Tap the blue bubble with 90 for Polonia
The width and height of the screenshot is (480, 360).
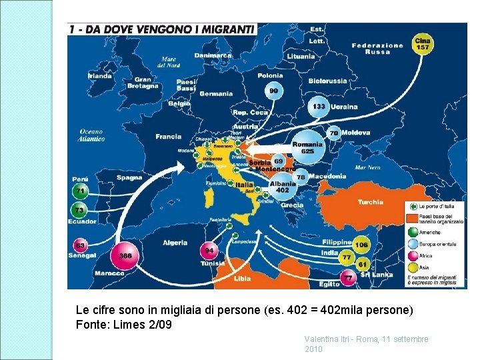coord(274,91)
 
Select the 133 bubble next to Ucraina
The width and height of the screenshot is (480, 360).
coord(319,107)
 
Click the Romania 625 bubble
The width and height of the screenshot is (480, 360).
coord(307,148)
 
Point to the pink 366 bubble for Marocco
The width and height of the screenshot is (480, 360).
coord(125,255)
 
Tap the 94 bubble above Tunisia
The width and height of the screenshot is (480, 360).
coord(210,251)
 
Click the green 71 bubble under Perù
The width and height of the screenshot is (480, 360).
coord(81,191)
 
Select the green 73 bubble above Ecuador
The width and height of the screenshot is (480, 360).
coord(79,211)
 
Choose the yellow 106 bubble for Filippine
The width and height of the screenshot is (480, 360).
coord(361,245)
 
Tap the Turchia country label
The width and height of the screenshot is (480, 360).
coord(370,202)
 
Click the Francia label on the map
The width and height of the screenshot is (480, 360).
coord(168,137)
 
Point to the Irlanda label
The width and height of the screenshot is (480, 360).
coord(100,76)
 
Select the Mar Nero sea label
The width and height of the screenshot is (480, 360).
coord(367,167)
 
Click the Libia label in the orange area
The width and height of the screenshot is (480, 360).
coord(243,279)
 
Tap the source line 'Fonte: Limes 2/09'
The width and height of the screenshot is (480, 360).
coord(124,325)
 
